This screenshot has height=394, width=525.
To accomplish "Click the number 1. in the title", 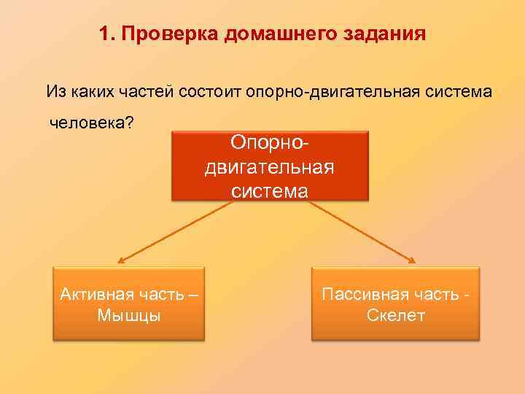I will click(x=106, y=34).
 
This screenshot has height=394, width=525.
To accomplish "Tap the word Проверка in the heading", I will click(x=160, y=34).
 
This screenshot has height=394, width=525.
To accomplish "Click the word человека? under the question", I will click(x=91, y=122).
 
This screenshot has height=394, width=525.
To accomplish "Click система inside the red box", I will click(x=271, y=191).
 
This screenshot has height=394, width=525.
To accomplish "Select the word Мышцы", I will click(x=128, y=315).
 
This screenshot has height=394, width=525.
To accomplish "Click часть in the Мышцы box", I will click(x=163, y=294).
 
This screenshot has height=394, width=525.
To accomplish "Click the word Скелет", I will click(x=396, y=315).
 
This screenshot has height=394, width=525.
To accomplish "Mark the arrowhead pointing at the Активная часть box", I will click(x=121, y=260).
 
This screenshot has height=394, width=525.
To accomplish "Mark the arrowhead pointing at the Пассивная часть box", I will click(x=413, y=260).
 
